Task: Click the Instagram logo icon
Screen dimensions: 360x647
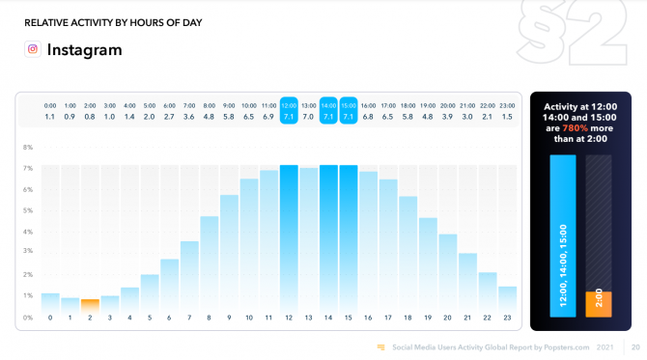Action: click(x=33, y=49)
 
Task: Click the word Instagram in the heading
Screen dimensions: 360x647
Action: click(x=85, y=49)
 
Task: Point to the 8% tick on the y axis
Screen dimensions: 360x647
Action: click(x=28, y=148)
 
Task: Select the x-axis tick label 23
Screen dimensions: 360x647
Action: click(x=508, y=318)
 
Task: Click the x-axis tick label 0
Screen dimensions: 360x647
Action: click(x=50, y=318)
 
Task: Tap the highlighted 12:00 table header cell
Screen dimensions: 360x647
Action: click(x=289, y=104)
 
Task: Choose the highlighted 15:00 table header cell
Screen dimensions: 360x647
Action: click(x=349, y=104)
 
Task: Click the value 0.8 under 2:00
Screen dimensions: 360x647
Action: click(x=90, y=116)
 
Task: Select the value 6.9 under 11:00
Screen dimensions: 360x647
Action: click(x=268, y=116)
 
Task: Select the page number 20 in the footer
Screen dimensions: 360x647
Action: click(x=635, y=346)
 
